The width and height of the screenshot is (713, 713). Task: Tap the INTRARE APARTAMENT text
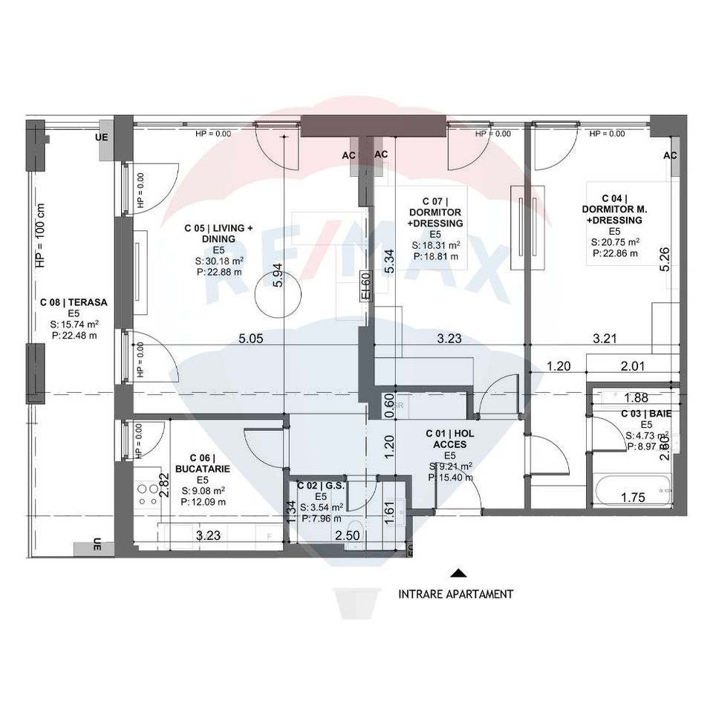coord(455,594)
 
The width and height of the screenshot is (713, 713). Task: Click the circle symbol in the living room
coord(273,295)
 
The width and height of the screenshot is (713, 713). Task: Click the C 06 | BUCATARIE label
coord(203,463)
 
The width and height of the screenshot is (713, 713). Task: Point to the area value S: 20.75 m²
coord(615,242)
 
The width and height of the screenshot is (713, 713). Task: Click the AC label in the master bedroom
coord(670,155)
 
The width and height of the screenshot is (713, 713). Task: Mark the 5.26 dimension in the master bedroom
coord(665,259)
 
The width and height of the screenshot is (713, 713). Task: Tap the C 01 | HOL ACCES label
coord(450,438)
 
